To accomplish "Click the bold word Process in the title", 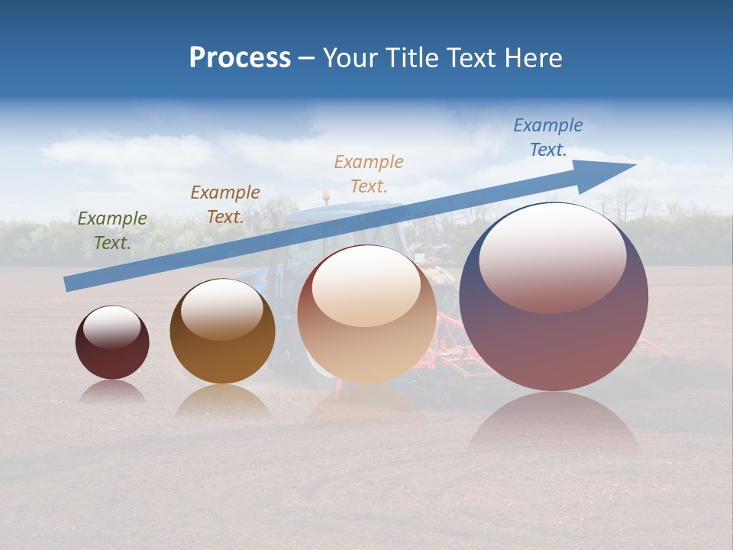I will [240, 58].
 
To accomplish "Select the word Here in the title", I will [534, 58].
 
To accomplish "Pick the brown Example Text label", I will [225, 205].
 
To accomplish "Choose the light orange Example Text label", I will [369, 173].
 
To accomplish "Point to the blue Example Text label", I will [548, 137].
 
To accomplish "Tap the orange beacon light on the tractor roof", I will [326, 196].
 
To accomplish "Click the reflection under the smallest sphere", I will [112, 391].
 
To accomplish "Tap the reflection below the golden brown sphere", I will [222, 400].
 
